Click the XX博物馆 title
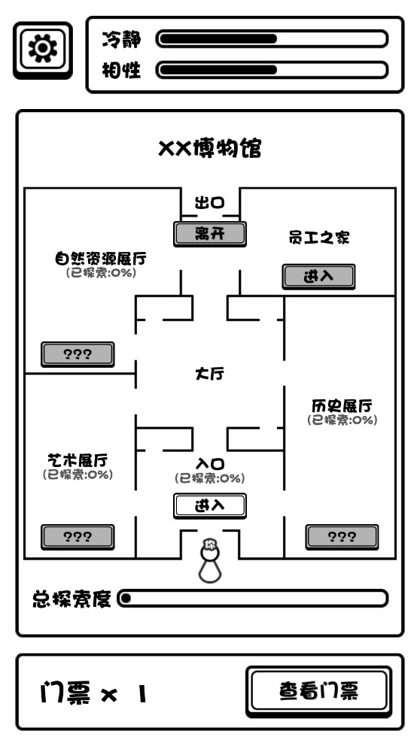(209, 148)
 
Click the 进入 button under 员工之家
(318, 276)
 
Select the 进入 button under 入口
(209, 505)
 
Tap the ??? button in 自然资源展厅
(78, 354)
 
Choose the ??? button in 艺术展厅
(78, 536)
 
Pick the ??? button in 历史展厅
(342, 536)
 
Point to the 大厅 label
(209, 374)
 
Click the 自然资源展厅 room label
(100, 259)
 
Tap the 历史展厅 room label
(342, 405)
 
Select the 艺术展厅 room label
(78, 459)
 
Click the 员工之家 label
(319, 238)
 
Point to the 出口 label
(210, 202)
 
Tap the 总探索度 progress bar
(254, 599)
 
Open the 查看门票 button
(318, 690)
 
